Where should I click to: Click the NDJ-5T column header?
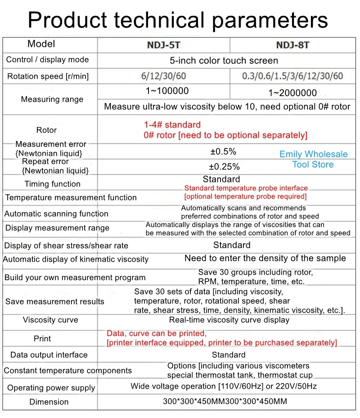[164, 45]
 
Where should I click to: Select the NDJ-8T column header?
[292, 45]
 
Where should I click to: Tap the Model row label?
[41, 44]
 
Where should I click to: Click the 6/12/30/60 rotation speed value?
[164, 76]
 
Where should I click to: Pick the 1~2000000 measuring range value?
[292, 93]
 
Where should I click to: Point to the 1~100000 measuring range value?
[167, 91]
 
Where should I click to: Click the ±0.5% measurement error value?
[223, 151]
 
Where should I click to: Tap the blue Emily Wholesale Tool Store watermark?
[313, 159]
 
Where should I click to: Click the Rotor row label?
[46, 130]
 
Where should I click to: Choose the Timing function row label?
[52, 184]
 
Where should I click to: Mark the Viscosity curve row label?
[50, 320]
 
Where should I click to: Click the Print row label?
[42, 338]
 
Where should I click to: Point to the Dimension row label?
[49, 402]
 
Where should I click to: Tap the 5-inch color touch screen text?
[224, 60]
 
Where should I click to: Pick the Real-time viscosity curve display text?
[229, 320]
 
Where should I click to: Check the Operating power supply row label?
[51, 388]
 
